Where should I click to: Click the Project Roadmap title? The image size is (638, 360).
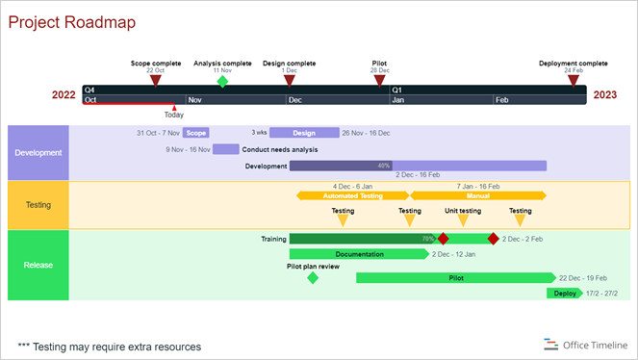72,22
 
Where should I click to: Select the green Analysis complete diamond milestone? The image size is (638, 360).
222,82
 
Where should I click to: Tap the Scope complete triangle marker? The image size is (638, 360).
156,82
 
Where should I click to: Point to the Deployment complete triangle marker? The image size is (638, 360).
574,82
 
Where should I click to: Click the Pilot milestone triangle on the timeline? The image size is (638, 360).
380,82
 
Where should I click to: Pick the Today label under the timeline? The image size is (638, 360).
173,115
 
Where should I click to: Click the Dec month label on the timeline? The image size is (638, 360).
294,99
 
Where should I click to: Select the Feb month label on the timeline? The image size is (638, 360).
501,99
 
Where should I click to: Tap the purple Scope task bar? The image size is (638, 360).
195,133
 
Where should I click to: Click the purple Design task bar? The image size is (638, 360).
304,133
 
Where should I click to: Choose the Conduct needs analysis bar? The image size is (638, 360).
226,149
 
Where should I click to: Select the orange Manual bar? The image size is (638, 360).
478,195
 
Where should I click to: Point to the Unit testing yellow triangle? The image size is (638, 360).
463,221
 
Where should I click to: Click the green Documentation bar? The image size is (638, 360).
359,254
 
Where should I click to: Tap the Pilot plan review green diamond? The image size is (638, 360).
312,278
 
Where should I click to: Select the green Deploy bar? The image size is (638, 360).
565,294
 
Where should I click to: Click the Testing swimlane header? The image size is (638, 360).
38,205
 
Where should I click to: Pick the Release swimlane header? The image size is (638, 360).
38,265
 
